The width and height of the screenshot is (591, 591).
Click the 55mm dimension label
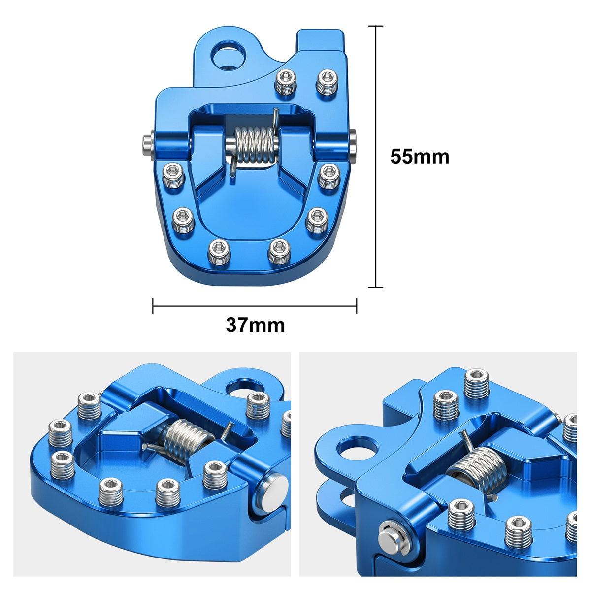(420, 157)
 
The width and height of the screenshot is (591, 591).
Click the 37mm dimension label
(255, 326)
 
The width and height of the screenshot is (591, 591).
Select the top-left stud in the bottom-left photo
(90, 405)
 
